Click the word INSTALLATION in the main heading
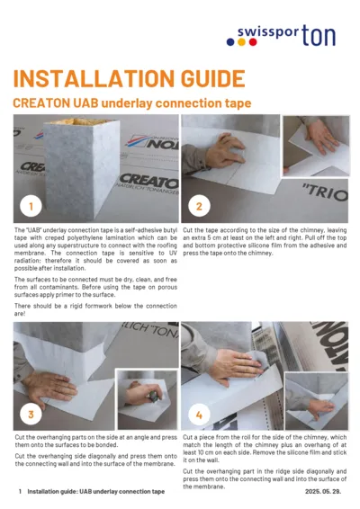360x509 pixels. click(85, 78)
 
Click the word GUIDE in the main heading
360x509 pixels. click(200, 78)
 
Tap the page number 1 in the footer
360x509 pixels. click(20, 493)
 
